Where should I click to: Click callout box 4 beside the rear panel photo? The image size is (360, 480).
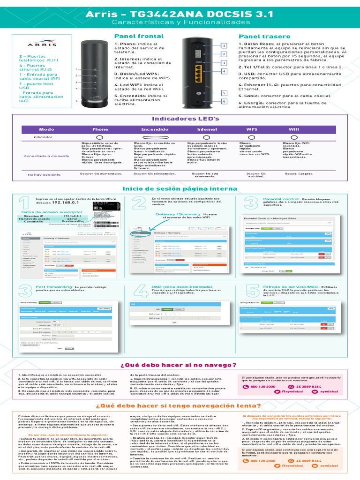pos(224,71)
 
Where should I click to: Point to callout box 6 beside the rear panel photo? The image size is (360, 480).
pos(224,101)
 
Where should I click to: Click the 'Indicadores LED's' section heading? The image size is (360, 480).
pos(180,119)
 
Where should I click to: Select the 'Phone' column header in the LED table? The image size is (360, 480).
pos(100,129)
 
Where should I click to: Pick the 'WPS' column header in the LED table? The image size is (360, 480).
pos(252,129)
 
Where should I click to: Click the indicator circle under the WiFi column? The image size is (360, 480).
pos(294,137)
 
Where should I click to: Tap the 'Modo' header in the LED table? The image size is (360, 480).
pos(46,129)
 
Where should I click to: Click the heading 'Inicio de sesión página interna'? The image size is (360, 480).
pos(180,188)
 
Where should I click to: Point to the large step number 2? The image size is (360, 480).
pos(139,203)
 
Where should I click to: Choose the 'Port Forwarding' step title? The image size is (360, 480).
pos(54,286)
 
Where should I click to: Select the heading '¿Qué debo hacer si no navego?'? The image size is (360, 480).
pos(178,365)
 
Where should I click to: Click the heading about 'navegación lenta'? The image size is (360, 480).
pos(178,406)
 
